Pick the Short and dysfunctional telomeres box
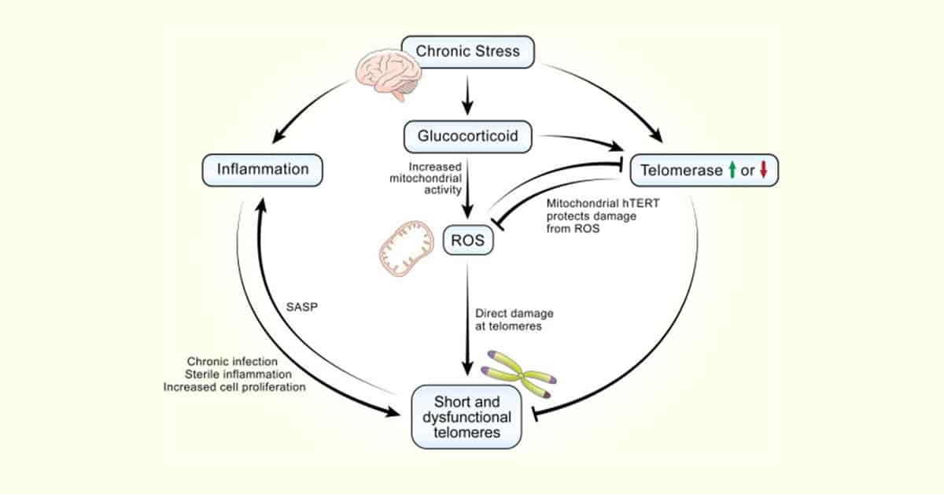pos(467,417)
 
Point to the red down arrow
pos(762,171)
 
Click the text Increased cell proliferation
pos(234,386)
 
